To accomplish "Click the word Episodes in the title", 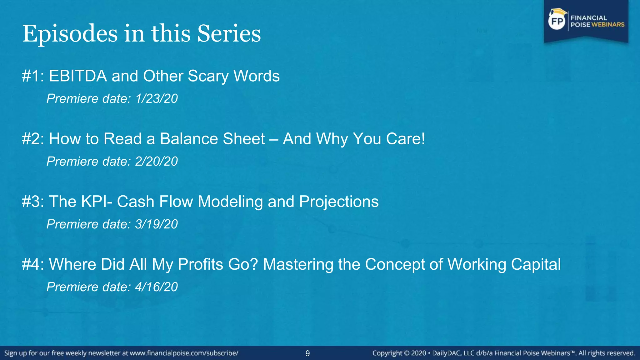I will (x=70, y=34).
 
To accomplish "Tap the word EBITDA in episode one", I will (x=78, y=76).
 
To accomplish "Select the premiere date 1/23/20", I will (x=156, y=99).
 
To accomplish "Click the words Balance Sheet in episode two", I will (x=212, y=139).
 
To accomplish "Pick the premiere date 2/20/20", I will (x=156, y=162).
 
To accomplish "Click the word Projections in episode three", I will (x=339, y=202).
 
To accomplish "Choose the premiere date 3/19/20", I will (x=156, y=224).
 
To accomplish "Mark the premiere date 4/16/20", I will (x=156, y=287).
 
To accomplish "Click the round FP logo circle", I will (x=557, y=21).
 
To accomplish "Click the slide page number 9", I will (x=307, y=353).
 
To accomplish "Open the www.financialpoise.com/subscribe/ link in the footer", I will (x=184, y=353).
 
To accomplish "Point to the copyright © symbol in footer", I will (x=407, y=353).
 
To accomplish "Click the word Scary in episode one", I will (x=208, y=76).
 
